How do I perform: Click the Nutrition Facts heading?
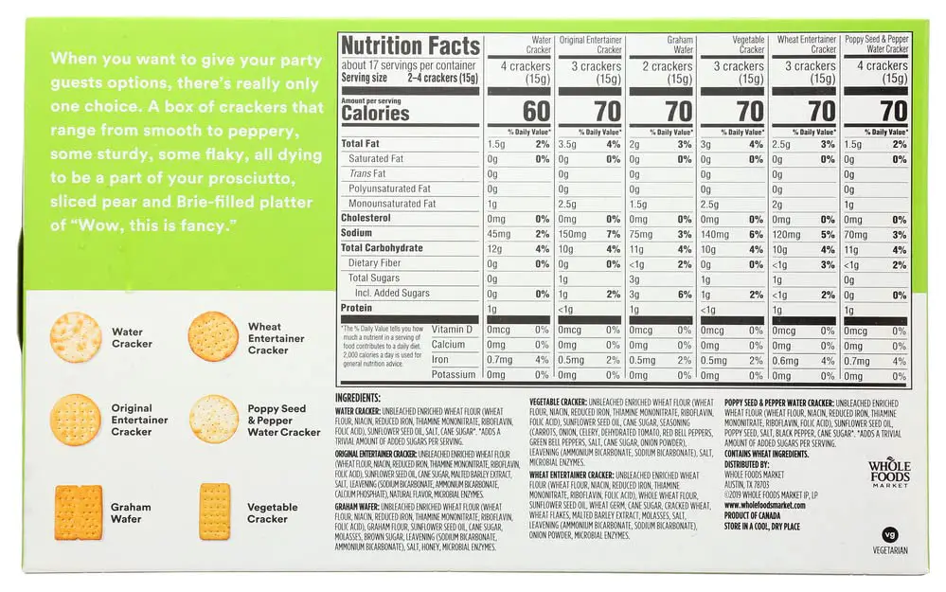[x=410, y=45]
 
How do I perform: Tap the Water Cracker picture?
[x=76, y=337]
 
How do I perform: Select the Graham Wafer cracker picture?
[x=78, y=512]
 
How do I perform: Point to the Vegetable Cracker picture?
[x=215, y=511]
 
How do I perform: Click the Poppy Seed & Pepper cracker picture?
[x=214, y=420]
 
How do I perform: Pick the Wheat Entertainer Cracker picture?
[x=214, y=336]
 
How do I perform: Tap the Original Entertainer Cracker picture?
[x=76, y=420]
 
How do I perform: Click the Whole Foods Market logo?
[x=888, y=472]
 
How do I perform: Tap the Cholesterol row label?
[x=366, y=218]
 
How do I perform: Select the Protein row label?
[x=358, y=308]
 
